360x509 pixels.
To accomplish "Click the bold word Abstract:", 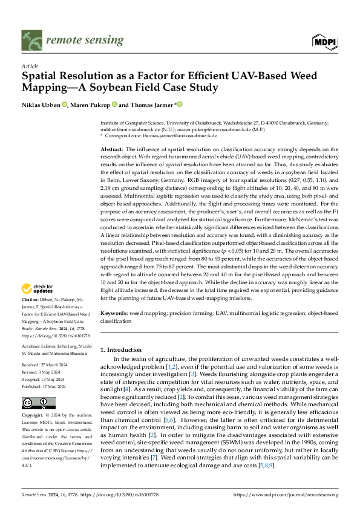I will tap(111, 149).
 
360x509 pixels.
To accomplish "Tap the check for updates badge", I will tap(39, 288).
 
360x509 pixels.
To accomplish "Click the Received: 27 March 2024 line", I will tap(47, 365).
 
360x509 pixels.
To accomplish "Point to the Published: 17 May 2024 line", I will tap(47, 386).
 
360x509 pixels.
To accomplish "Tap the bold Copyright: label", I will tap(34, 416).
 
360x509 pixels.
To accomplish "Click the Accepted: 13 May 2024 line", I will tap(46, 378).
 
